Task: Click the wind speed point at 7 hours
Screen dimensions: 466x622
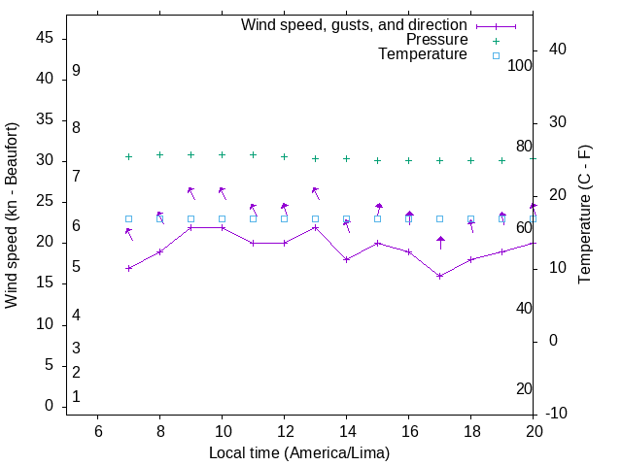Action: [128, 268]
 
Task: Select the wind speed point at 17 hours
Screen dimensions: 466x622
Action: [439, 276]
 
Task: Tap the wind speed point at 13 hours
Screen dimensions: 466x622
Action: [315, 227]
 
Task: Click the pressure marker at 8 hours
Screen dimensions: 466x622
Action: [159, 154]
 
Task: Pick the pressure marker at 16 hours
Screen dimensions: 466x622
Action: [408, 160]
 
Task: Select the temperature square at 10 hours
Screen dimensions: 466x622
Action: [222, 218]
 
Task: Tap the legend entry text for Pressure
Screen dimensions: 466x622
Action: [436, 40]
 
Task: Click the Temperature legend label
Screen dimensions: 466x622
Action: [423, 54]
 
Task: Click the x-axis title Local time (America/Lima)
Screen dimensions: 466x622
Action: [299, 452]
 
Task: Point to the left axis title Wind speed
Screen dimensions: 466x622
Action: [12, 216]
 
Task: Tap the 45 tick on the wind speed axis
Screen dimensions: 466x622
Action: [45, 38]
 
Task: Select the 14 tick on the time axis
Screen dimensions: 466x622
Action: [346, 431]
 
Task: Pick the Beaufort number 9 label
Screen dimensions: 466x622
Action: [76, 71]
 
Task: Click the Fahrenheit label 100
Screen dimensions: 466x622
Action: [521, 65]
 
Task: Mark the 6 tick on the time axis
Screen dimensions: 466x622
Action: [97, 431]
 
